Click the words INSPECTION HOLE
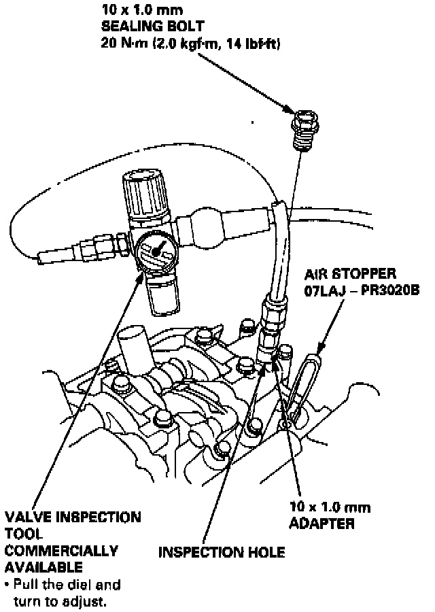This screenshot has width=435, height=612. (222, 552)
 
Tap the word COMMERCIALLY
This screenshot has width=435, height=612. (61, 550)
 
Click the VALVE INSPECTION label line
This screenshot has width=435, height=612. (73, 517)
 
